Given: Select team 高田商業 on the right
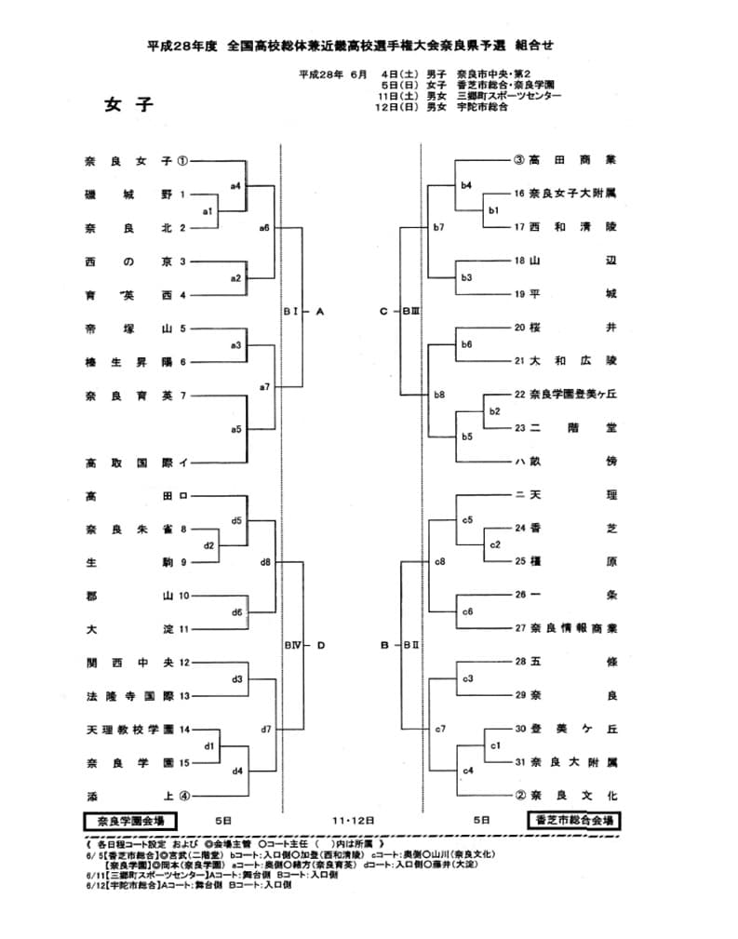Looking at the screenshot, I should point(572,160).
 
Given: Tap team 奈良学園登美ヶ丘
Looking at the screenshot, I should point(572,395).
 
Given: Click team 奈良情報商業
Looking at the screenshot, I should point(572,628).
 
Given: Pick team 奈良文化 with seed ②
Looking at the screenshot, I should point(572,796).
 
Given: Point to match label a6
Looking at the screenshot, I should point(265,227).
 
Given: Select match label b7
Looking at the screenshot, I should point(438,227).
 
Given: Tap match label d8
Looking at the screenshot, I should point(265,562).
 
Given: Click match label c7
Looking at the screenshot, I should point(440,729).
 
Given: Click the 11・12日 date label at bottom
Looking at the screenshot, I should point(354,821).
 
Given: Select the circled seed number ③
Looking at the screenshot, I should point(519,160).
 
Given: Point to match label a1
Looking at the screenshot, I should point(208,210).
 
